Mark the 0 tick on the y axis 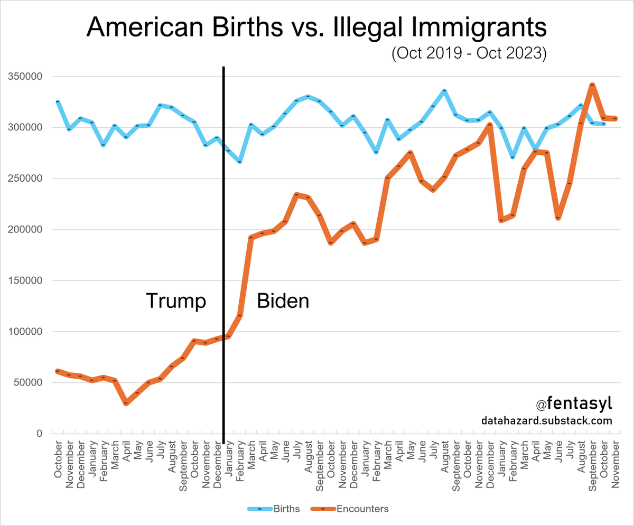38,434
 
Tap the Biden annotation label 283,301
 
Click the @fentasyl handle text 574,404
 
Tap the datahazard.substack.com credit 547,421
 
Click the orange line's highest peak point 592,84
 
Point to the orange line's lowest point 126,403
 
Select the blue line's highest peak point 444,91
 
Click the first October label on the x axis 58,454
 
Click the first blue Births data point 58,101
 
